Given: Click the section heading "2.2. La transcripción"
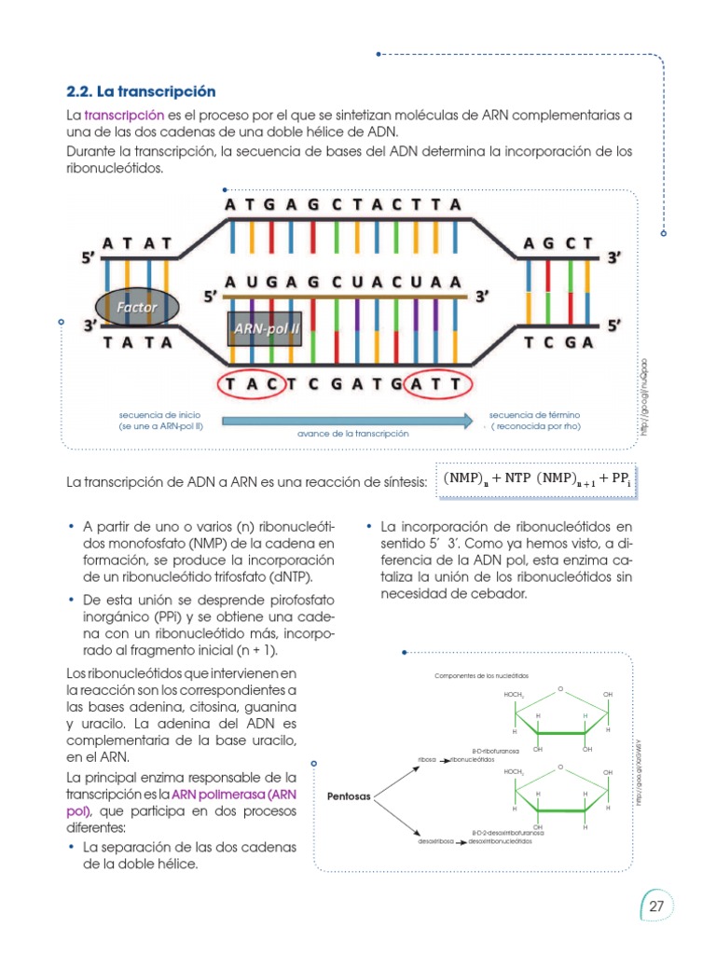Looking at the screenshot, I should click(x=141, y=91).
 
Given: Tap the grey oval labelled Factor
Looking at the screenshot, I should click(x=137, y=307).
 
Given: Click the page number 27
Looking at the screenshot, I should click(x=656, y=906).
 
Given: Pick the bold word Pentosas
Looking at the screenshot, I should click(x=350, y=796).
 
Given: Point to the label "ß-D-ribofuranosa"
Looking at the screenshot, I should click(x=490, y=749).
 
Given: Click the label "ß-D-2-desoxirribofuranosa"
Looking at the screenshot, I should click(x=508, y=832).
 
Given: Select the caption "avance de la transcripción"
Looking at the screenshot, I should click(x=353, y=435).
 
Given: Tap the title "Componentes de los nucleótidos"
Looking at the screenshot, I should click(x=481, y=673).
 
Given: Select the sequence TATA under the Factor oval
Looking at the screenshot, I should click(x=138, y=341).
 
